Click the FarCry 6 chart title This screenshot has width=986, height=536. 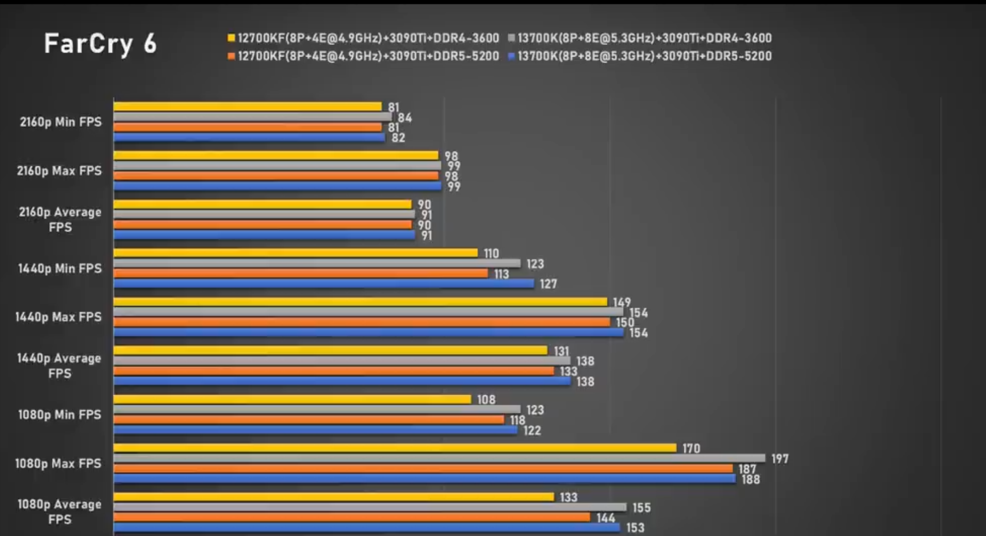click(100, 44)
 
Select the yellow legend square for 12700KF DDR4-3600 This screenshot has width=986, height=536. click(231, 38)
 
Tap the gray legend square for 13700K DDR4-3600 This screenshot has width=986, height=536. click(512, 38)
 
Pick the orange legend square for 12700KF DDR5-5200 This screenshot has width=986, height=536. click(231, 56)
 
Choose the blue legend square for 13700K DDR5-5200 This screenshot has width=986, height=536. click(512, 56)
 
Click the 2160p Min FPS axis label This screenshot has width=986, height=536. click(60, 122)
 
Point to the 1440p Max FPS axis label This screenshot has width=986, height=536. click(58, 317)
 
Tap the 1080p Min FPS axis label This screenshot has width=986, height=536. click(59, 415)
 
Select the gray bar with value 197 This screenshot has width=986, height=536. click(439, 458)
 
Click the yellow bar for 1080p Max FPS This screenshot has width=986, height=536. click(395, 448)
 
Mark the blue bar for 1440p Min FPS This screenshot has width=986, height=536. click(324, 284)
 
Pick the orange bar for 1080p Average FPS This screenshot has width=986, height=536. click(352, 517)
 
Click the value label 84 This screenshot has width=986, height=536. click(405, 118)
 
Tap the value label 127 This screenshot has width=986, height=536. click(548, 284)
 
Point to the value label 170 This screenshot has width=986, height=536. click(691, 448)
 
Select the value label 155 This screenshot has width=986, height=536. click(641, 508)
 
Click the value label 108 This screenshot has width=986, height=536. click(486, 400)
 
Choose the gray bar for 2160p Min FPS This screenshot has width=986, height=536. click(253, 117)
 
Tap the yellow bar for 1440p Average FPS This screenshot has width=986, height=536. click(330, 350)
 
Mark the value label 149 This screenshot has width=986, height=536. click(622, 302)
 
